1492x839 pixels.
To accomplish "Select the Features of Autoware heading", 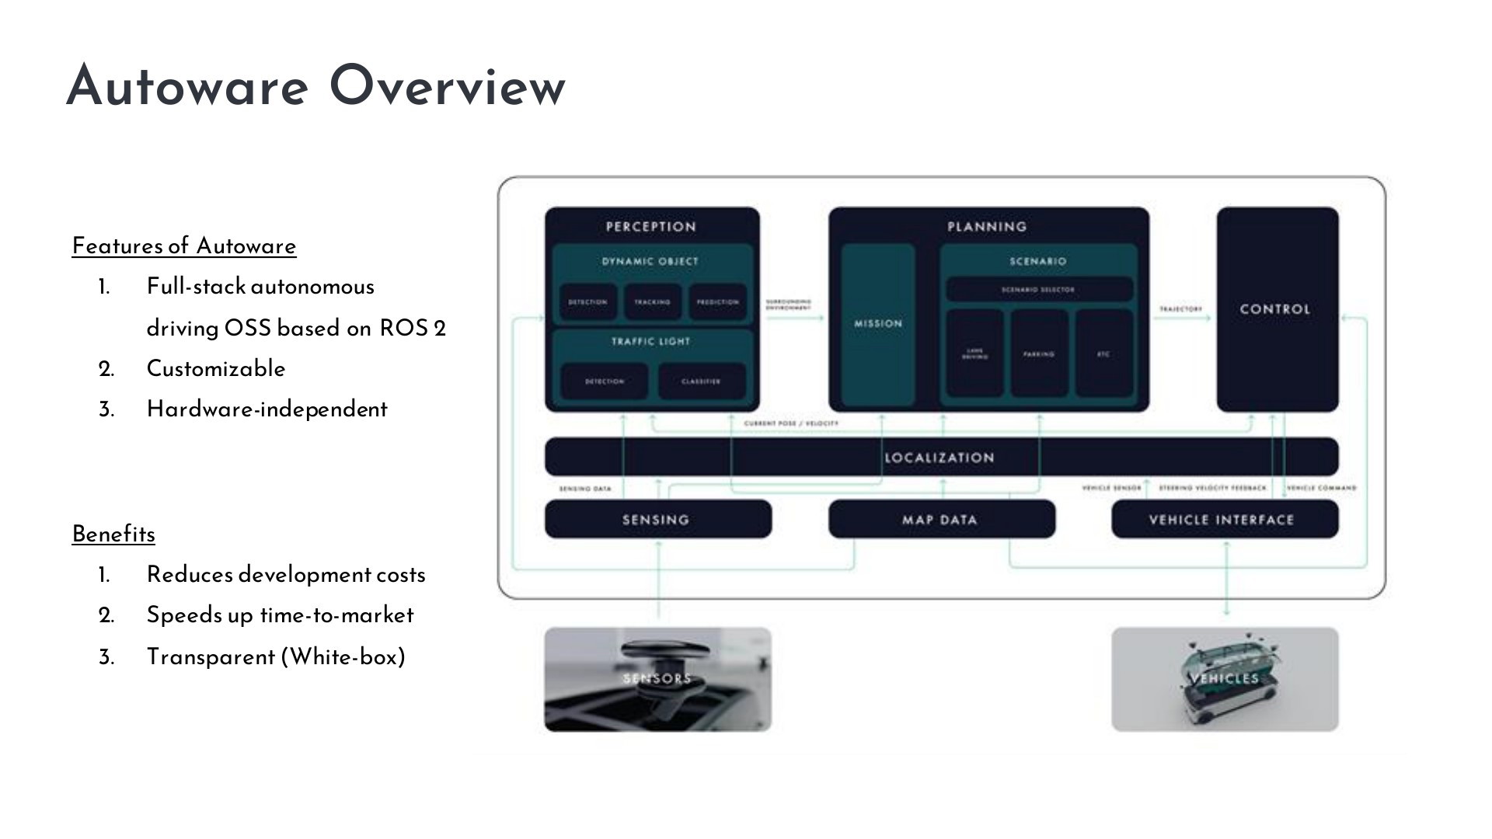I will click(x=184, y=246).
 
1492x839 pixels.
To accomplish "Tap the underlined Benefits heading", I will click(x=113, y=534).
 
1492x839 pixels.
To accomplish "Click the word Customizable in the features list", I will click(x=216, y=368).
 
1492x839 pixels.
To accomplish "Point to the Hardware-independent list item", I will click(x=267, y=409).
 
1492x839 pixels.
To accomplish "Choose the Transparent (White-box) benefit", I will click(x=276, y=657).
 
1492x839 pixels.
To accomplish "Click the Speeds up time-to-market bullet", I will click(x=280, y=615).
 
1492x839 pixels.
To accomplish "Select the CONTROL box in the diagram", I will click(x=1277, y=309).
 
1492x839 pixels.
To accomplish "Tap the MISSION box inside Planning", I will click(x=878, y=324).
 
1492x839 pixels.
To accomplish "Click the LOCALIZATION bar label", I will click(x=939, y=458).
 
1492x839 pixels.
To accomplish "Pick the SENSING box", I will click(x=657, y=520).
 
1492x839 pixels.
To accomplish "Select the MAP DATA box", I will click(x=941, y=520).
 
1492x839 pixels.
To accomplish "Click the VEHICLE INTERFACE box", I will click(x=1224, y=520).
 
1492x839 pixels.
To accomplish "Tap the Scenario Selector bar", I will click(x=1038, y=290).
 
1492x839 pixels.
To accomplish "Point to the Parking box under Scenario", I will click(x=1039, y=354).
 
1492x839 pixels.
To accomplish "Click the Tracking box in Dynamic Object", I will click(x=652, y=302).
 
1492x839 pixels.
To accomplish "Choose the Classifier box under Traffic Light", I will click(x=701, y=381).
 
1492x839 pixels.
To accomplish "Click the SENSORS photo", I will click(x=657, y=679).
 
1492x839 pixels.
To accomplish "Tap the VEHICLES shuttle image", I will click(x=1225, y=679).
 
